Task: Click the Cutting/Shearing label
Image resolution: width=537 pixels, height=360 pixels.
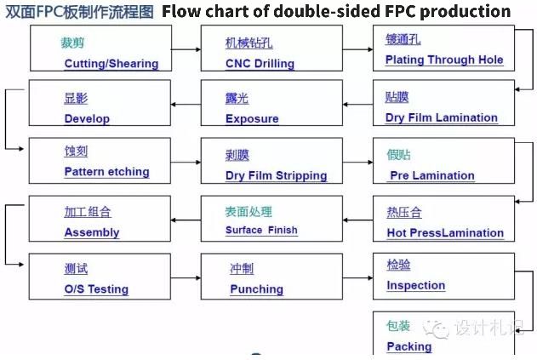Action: [111, 64]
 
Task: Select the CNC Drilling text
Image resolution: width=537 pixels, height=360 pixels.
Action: [260, 64]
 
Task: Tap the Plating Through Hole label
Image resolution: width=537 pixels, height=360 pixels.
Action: [444, 60]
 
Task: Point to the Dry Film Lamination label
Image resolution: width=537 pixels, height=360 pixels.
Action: [442, 117]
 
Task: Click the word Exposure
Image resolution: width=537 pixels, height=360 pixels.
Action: [252, 119]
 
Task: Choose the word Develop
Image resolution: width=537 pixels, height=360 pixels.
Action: [87, 119]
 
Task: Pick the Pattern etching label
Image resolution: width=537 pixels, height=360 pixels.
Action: [107, 172]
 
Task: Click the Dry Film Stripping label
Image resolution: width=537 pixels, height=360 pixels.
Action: [277, 175]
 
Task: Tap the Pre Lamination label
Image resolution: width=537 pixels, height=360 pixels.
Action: [432, 175]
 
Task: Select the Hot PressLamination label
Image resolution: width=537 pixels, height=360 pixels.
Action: [445, 233]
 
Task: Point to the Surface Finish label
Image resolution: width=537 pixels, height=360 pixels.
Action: [261, 230]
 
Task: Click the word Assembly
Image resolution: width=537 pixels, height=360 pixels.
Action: [92, 232]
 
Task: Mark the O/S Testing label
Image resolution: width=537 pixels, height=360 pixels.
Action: [96, 289]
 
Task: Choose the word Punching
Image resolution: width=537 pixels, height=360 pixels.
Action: [257, 289]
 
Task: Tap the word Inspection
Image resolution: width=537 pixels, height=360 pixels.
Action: [416, 285]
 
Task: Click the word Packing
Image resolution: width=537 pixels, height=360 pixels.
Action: [408, 346]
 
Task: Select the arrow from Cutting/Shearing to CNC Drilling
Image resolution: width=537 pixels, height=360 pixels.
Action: [186, 49]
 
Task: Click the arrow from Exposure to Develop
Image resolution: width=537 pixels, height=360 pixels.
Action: [186, 104]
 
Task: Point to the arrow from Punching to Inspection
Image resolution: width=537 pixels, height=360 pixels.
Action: [357, 277]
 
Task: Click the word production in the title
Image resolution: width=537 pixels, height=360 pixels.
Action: [465, 11]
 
